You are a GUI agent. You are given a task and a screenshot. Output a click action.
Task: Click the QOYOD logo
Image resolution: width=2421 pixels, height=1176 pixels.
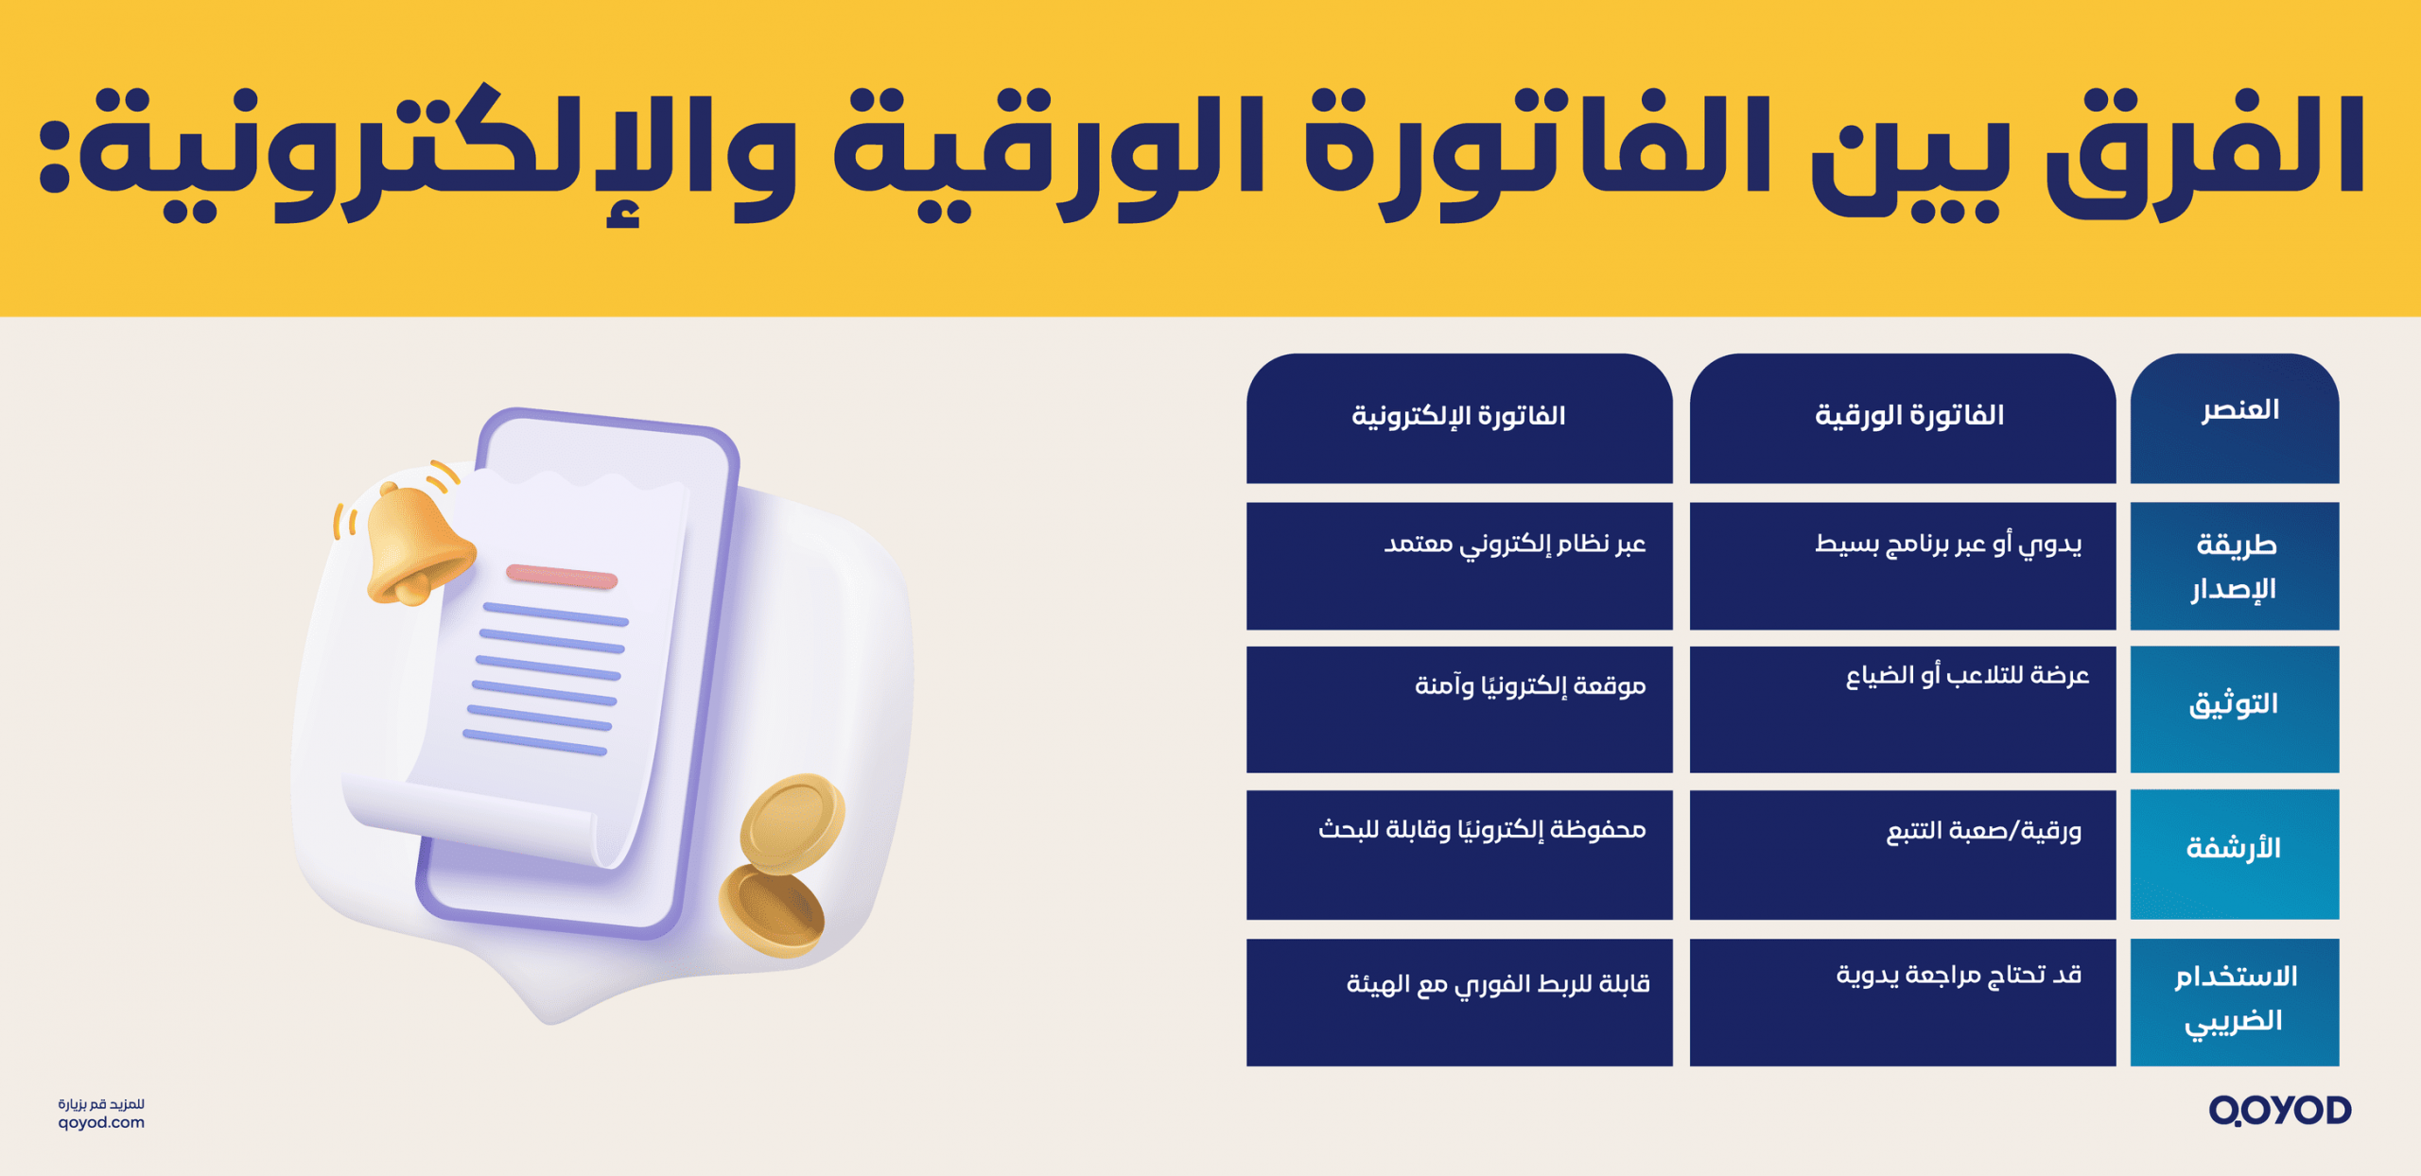pos(2279,1111)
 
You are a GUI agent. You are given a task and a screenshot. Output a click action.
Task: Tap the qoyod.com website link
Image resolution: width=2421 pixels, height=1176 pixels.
pos(101,1123)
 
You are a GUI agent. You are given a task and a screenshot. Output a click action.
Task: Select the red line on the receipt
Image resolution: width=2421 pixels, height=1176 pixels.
pos(562,576)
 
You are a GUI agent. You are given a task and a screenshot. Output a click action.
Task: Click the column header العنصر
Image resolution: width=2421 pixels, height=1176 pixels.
pos(2239,410)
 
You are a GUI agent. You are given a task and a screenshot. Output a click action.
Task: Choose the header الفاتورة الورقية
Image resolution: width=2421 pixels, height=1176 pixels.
pos(1908,416)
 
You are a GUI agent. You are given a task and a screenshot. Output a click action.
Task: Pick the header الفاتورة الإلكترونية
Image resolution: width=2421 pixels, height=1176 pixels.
pos(1458,416)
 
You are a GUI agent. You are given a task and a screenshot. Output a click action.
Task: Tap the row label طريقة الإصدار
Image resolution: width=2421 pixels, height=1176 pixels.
pos(2235,566)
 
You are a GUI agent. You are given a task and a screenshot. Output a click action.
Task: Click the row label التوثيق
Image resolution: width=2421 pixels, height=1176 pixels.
pos(2233,704)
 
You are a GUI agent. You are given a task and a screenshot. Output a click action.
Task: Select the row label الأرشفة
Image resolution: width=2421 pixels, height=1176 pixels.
pos(2233,848)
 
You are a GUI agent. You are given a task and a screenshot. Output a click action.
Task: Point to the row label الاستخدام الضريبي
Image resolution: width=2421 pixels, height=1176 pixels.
pos(2235,998)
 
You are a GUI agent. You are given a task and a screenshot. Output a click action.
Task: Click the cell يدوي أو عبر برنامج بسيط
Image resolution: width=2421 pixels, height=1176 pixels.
pos(1948,545)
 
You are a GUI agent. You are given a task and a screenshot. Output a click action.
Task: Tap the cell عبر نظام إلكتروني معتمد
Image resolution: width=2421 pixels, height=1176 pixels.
pos(1515,545)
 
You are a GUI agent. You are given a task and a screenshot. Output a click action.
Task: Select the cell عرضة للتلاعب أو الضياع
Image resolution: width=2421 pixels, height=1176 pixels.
pos(1967,676)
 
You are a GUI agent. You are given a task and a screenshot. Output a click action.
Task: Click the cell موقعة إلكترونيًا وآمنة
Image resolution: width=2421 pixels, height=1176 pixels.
pos(1530,686)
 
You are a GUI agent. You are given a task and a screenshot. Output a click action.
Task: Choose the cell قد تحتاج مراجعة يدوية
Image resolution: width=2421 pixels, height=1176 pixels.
pos(1959,976)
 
